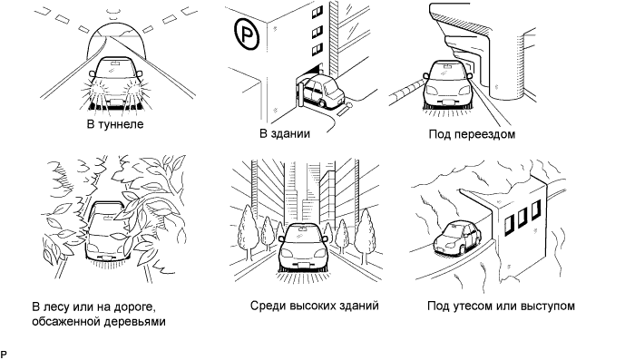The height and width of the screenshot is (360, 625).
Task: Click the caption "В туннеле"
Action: pos(115,124)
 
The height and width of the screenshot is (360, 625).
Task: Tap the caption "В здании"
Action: pos(285,133)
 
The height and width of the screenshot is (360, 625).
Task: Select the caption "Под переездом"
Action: pos(472,134)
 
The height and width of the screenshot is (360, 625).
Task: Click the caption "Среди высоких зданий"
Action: pos(315,306)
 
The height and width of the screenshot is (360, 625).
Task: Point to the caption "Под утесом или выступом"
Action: pos(501,306)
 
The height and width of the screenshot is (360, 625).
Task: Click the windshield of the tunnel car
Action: pos(115,68)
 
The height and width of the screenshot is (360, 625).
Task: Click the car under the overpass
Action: pos(446,83)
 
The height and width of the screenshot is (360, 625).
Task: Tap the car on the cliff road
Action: pos(457,238)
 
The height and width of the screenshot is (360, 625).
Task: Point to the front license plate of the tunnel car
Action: pos(115,102)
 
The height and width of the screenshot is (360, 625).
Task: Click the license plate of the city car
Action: pos(303,267)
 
